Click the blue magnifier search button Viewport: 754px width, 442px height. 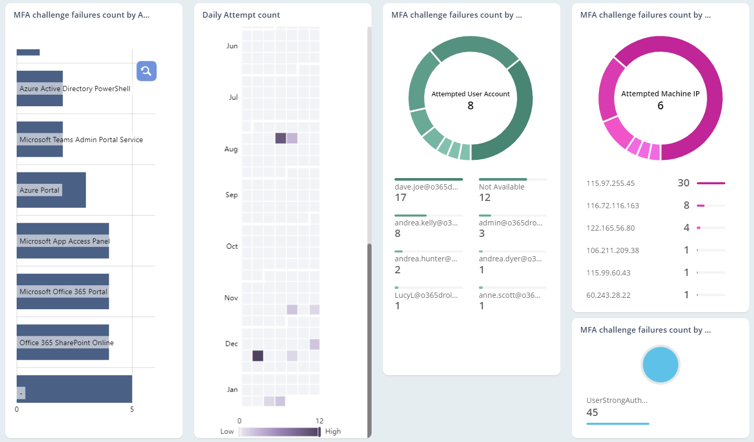[146, 71]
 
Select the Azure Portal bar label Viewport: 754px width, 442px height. [40, 190]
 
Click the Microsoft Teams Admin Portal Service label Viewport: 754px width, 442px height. [81, 140]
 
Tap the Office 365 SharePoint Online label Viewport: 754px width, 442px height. [66, 343]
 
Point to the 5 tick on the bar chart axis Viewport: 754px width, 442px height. [132, 409]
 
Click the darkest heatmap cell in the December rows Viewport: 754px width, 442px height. [258, 356]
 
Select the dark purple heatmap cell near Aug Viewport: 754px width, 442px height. [280, 138]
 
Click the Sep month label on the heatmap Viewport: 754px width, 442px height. [232, 195]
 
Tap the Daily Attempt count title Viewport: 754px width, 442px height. [241, 15]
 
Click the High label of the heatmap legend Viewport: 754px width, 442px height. [333, 431]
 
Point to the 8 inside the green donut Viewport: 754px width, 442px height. [470, 106]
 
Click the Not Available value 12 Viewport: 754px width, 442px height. [484, 197]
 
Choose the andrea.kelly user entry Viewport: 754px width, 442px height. [426, 223]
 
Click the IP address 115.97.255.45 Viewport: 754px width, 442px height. [610, 183]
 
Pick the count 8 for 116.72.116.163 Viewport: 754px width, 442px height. [686, 206]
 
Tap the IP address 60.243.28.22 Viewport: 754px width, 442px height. [608, 295]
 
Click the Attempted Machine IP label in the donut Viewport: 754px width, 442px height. [660, 94]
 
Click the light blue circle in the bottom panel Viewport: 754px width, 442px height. [660, 364]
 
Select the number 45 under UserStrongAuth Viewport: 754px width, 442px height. [592, 412]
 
